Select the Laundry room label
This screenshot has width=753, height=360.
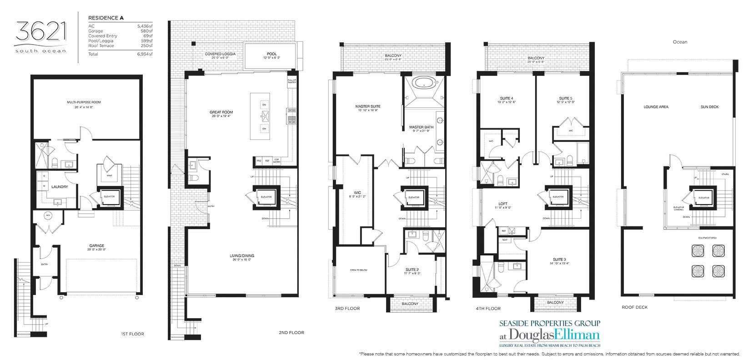click(x=60, y=187)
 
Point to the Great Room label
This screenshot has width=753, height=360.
click(x=221, y=112)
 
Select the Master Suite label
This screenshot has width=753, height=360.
click(x=368, y=106)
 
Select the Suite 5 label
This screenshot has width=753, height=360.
click(x=565, y=98)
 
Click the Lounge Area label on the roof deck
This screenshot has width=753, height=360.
click(x=656, y=107)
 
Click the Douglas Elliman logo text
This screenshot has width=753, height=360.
click(x=543, y=336)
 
